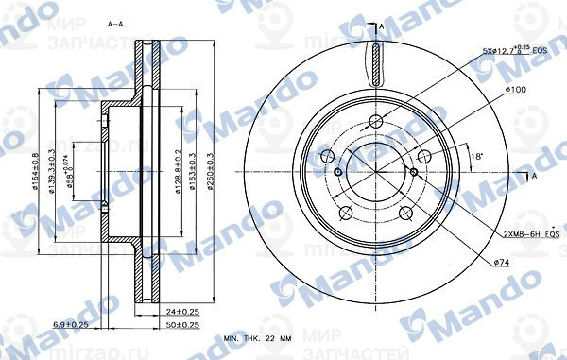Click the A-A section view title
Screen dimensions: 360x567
pyautogui.click(x=114, y=22)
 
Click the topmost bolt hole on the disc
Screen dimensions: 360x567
pyautogui.click(x=377, y=120)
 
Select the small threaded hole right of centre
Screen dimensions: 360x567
pyautogui.click(x=415, y=171)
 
